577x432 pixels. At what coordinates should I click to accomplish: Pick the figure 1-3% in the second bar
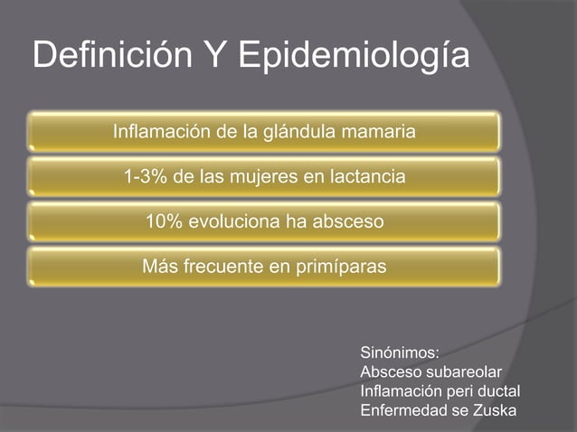144,177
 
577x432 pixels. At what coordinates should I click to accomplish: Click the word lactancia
363,177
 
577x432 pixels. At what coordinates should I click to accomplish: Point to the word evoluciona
234,221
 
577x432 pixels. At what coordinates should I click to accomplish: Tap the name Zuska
494,411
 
